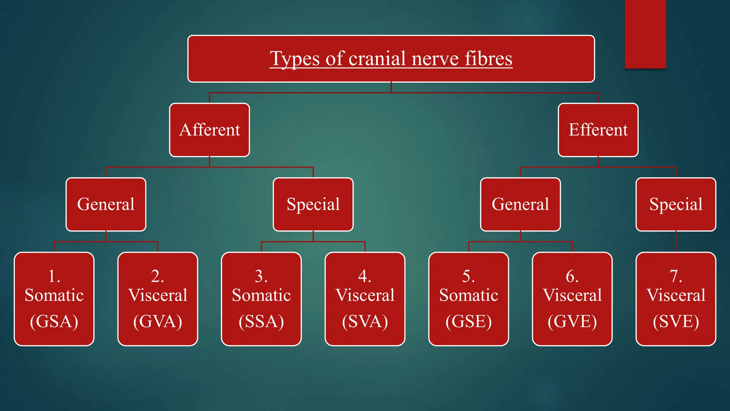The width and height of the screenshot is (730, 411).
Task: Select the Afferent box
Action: [210, 130]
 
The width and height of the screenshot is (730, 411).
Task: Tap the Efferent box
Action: [598, 130]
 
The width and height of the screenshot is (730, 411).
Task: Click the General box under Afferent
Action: [106, 204]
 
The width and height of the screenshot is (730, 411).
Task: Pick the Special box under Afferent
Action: [313, 204]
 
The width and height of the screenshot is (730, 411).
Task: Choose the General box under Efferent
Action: [520, 204]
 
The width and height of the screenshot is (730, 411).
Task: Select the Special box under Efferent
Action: [676, 204]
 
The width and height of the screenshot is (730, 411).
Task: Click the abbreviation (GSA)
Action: [54, 321]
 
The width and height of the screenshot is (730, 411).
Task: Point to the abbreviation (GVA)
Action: [158, 321]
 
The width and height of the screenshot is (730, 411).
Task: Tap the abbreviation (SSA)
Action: [261, 321]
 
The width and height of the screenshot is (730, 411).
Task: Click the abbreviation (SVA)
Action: [365, 321]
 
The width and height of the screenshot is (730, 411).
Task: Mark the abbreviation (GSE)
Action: [469, 321]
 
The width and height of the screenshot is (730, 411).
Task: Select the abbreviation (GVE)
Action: [572, 321]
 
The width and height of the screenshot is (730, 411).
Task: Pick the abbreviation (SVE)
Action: [676, 321]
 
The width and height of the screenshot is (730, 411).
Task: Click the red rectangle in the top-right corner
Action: [645, 34]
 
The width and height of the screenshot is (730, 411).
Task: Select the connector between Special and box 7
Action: [676, 242]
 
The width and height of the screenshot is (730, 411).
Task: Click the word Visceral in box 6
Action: [572, 295]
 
